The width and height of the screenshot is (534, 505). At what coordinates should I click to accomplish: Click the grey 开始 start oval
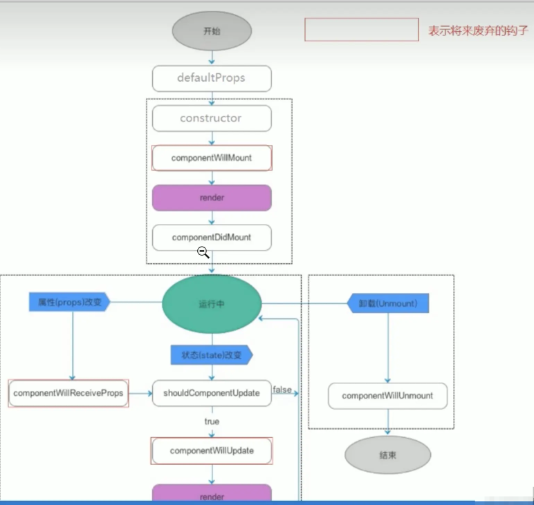212,31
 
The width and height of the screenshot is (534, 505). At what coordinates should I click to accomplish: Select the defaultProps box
211,78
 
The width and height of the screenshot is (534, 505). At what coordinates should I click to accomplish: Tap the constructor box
211,118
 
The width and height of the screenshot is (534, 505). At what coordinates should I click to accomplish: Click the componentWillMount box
212,158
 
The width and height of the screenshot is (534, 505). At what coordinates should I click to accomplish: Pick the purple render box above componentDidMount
212,198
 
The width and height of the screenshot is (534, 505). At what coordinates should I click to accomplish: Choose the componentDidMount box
212,237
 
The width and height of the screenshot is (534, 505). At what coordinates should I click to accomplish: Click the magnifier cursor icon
203,252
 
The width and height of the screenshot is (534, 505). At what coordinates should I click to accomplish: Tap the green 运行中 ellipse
212,303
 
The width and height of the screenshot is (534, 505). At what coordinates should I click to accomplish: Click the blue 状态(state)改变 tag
211,355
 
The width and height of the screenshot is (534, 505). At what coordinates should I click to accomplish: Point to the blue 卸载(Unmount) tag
387,303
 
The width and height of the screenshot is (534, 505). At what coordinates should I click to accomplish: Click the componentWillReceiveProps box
68,394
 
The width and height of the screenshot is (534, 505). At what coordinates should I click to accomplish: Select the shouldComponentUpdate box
212,393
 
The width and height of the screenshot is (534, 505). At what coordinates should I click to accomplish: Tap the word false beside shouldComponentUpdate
282,390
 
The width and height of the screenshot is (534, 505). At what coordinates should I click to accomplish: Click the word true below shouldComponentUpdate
212,421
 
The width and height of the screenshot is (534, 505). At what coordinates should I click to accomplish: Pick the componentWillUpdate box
212,451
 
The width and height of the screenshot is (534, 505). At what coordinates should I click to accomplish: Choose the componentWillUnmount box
387,396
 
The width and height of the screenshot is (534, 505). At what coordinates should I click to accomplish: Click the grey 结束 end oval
387,455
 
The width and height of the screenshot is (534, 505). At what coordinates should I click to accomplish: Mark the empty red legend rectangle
362,30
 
